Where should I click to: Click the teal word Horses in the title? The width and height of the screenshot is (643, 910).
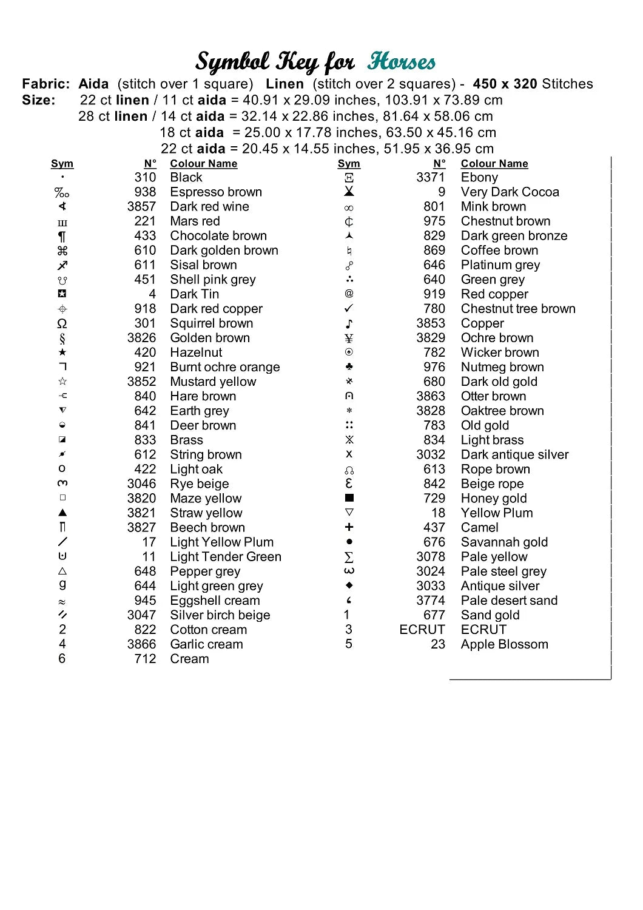coord(401,61)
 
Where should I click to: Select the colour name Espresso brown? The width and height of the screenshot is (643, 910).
coord(216,192)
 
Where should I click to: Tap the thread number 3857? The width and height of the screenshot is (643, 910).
coord(141,206)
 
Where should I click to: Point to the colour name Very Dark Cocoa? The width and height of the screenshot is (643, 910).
coord(510,192)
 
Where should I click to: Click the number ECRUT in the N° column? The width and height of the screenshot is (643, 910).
coord(422,630)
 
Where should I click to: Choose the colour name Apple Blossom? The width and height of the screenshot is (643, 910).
coord(504,644)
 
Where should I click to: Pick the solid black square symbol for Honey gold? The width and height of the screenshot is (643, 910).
coord(349,497)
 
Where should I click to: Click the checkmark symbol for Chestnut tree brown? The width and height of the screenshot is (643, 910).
coord(349,308)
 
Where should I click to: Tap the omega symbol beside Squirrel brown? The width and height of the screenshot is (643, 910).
coord(62,323)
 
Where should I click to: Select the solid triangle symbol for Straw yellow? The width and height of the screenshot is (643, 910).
coord(62,513)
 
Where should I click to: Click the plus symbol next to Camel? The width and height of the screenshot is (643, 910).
coord(349,527)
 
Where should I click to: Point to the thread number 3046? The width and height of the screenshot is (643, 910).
coord(141,484)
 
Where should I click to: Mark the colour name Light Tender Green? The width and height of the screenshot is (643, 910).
coord(226,556)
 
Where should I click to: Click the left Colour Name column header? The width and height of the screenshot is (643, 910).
coord(203,163)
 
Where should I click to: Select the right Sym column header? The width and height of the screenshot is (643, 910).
coord(349,163)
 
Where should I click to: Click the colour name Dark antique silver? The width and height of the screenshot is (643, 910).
coord(514,454)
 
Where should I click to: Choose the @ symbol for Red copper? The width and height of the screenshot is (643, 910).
coord(349,294)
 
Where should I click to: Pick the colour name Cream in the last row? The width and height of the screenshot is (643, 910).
coord(189,659)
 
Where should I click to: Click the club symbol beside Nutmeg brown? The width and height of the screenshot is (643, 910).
coord(349,366)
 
